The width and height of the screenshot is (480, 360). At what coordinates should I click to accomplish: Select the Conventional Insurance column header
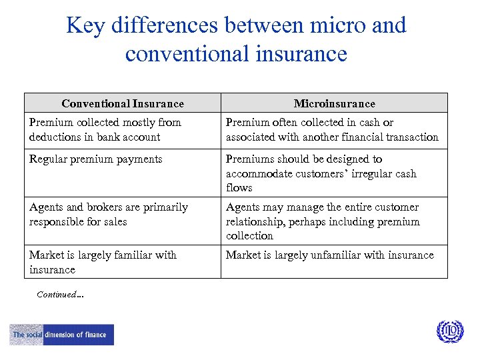click(x=123, y=103)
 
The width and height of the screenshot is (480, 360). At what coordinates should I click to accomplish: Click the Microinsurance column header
click(x=334, y=103)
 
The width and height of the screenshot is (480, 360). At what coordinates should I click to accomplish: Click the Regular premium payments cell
click(x=95, y=159)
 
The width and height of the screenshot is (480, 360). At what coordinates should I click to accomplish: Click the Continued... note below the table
click(x=60, y=294)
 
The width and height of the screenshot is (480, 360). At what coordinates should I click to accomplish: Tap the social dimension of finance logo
click(x=61, y=335)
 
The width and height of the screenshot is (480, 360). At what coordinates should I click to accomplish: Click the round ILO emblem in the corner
click(x=449, y=331)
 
